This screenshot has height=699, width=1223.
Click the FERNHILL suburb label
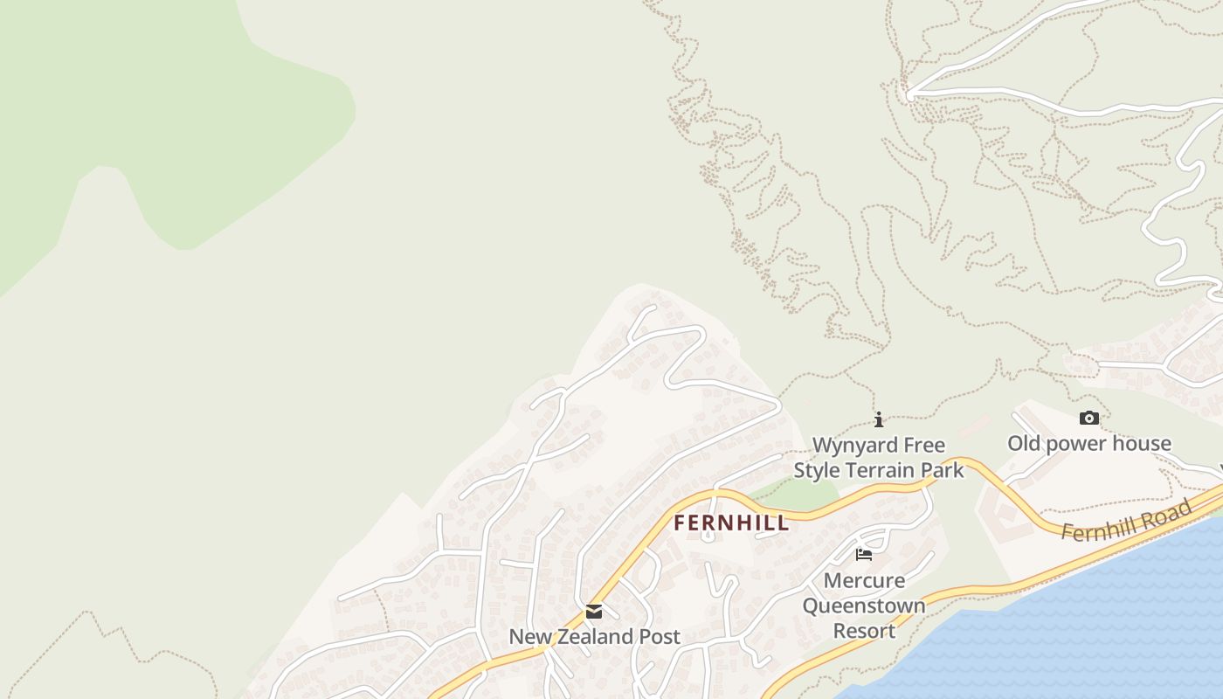731,523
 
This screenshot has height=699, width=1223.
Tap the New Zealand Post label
594,637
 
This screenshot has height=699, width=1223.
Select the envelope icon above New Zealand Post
594,612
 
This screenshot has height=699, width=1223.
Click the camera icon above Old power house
1088,419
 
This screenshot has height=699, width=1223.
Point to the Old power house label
1088,444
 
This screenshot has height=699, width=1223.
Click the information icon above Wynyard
879,419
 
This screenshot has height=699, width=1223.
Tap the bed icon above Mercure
864,555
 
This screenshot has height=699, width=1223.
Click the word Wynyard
854,446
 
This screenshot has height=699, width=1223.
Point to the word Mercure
864,580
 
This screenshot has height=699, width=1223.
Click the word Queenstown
864,606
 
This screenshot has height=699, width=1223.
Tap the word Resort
864,631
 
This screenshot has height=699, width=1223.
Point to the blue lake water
1092,629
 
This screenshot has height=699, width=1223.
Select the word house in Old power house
1144,444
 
